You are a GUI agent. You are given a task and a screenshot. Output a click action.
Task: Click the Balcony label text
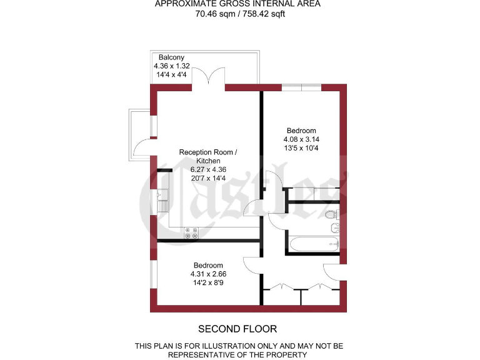[x=171, y=57]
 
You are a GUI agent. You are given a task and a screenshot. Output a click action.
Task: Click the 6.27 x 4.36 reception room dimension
[x=208, y=169]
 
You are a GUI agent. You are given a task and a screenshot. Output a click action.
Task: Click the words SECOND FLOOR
[x=237, y=329]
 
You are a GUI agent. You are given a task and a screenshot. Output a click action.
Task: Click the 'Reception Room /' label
[x=208, y=152]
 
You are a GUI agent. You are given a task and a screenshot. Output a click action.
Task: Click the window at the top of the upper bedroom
[x=301, y=87]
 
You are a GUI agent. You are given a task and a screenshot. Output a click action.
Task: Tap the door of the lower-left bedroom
[x=252, y=265]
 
